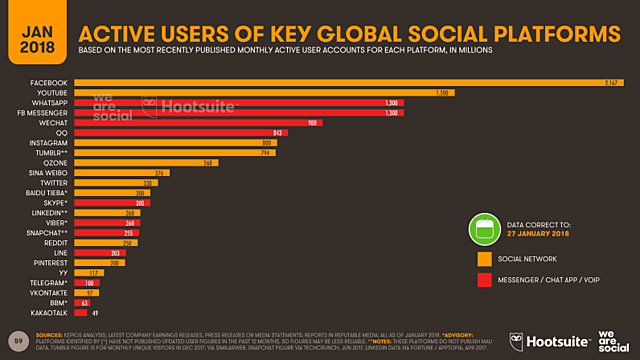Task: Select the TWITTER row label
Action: point(54,183)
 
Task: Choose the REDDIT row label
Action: point(55,242)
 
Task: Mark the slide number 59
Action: point(15,340)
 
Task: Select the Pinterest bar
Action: point(110,262)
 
